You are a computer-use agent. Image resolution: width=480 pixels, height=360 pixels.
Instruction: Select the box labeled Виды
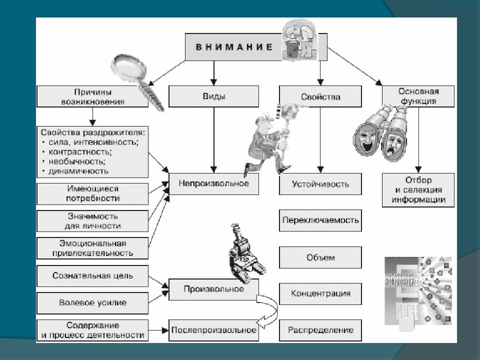[213, 96]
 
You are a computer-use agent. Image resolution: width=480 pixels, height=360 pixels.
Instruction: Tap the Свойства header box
[320, 96]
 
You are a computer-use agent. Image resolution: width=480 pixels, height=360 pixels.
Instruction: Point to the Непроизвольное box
[213, 183]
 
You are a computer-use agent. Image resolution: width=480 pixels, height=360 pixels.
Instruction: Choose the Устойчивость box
[320, 184]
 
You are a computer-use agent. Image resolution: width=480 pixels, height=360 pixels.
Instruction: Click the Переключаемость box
[320, 220]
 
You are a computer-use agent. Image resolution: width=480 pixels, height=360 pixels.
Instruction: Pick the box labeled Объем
[320, 257]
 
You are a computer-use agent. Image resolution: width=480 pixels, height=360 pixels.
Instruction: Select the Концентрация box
[320, 294]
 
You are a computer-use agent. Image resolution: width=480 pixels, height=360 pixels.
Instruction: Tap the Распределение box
[320, 330]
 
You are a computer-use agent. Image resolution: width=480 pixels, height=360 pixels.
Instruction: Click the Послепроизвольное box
[213, 330]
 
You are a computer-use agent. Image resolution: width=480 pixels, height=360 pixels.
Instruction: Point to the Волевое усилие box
[92, 303]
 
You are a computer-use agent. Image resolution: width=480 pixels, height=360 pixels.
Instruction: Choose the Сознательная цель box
[92, 276]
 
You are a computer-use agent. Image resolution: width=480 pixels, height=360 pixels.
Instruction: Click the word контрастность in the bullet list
[80, 152]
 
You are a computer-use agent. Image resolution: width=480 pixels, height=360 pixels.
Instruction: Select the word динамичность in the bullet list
[78, 171]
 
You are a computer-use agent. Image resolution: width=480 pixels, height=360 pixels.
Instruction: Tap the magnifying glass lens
[129, 68]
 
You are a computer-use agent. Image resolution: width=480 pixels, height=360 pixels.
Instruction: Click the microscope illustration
[246, 253]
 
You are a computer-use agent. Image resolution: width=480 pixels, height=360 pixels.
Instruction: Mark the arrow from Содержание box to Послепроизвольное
[158, 330]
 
